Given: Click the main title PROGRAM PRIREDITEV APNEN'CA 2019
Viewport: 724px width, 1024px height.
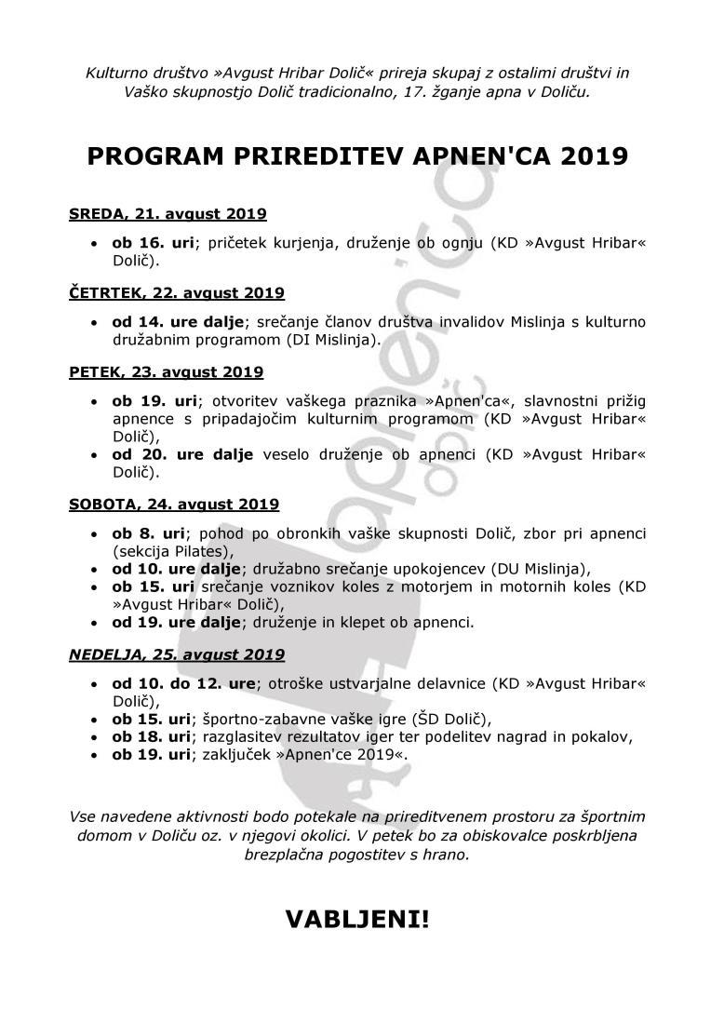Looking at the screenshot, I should [357, 155].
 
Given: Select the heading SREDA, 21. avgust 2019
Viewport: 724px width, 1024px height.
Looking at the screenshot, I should [168, 214].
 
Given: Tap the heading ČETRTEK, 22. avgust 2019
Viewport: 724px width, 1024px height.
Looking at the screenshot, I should [177, 293].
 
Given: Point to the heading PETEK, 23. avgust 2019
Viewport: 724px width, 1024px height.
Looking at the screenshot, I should [167, 372].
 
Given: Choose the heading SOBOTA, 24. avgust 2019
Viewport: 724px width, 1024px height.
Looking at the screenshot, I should [174, 505].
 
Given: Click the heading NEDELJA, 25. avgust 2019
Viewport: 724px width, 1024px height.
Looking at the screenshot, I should [177, 654].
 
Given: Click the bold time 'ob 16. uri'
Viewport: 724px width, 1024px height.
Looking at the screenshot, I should [154, 242].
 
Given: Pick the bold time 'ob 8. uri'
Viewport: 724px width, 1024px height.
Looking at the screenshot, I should [149, 533].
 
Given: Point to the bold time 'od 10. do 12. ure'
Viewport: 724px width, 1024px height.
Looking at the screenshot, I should [183, 683].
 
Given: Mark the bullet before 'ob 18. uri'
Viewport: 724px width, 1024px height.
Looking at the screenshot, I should [94, 737].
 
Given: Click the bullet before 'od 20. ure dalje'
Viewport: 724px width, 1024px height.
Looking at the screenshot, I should [94, 455].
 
